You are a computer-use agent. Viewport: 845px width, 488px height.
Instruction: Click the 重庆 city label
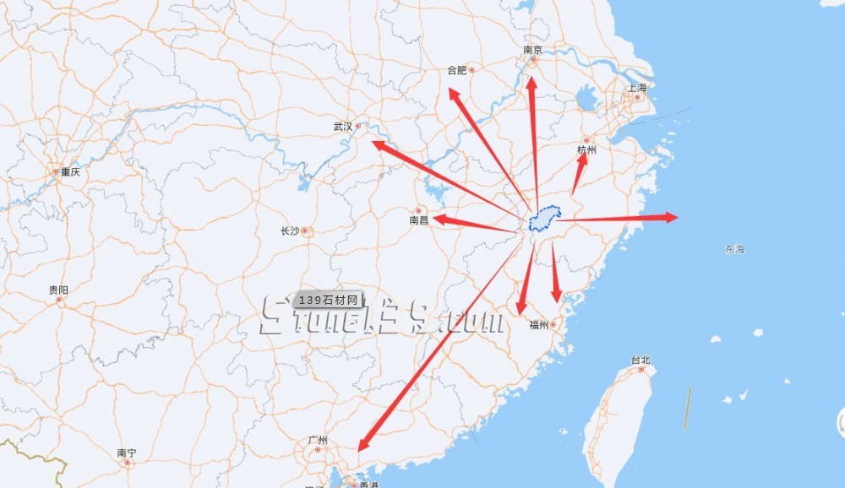click(69, 171)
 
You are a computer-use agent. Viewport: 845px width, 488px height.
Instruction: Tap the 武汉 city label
click(342, 127)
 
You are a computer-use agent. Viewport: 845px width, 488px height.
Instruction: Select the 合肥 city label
click(456, 70)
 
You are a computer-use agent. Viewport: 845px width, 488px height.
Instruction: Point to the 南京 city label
click(532, 50)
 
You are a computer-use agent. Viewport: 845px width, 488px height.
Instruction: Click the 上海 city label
click(636, 88)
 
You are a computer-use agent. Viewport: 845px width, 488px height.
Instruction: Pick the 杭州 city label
click(586, 149)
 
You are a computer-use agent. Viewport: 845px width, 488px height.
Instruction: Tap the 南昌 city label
click(418, 220)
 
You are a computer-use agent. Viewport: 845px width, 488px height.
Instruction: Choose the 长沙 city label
click(289, 230)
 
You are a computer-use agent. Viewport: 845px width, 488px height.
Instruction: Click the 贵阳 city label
click(58, 290)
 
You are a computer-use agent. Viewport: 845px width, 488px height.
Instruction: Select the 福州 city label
click(538, 325)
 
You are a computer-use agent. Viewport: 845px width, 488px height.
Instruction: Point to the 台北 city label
click(641, 361)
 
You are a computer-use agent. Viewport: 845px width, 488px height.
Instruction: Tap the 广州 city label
click(318, 440)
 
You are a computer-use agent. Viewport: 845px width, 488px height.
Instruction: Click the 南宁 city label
click(127, 453)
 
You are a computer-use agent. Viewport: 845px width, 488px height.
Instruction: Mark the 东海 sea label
click(734, 249)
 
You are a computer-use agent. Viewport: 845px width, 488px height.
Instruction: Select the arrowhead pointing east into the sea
click(670, 217)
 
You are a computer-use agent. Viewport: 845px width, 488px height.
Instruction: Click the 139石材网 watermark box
click(330, 300)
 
